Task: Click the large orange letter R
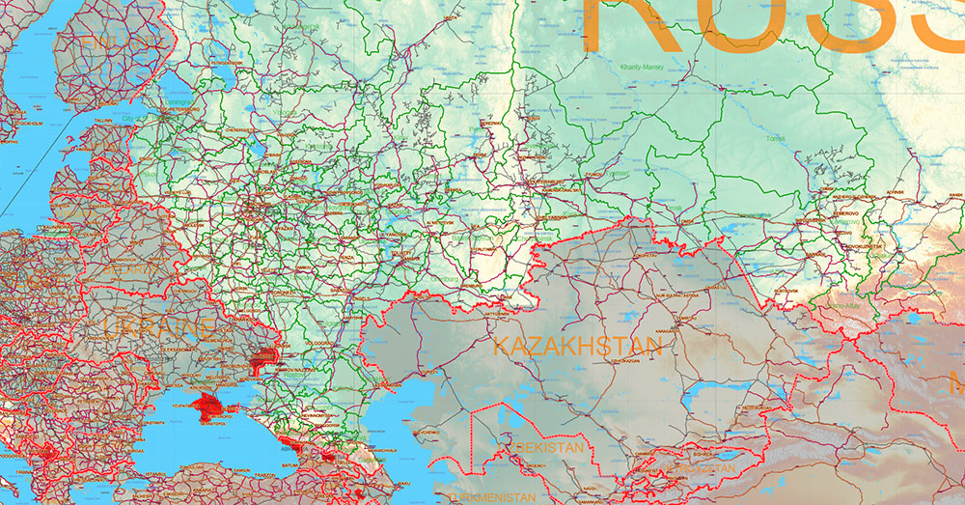pyautogui.click(x=642, y=24)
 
